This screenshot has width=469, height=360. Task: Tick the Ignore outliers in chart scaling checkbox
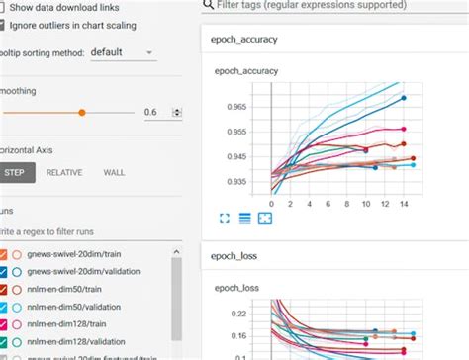[x=5, y=25]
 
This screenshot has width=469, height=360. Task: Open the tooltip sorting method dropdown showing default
[x=122, y=52]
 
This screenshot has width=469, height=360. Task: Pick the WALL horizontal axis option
[x=115, y=172]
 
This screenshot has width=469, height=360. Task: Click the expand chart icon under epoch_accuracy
[x=224, y=218]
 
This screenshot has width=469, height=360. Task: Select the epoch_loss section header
[x=233, y=257]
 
